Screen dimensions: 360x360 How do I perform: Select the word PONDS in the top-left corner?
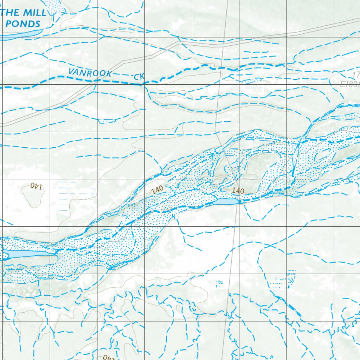point(23,24)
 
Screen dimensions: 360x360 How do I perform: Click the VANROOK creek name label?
point(90,73)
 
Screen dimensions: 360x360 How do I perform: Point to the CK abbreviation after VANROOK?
point(139,77)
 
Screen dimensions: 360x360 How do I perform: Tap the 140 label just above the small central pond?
point(238,191)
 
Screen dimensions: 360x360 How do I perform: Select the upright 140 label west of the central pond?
point(157,189)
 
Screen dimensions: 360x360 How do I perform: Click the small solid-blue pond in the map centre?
point(225,201)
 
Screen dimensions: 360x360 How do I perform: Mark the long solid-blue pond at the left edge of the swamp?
point(30,254)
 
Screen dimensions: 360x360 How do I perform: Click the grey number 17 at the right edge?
point(355,75)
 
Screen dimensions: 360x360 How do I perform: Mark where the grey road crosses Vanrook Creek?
point(96,81)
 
